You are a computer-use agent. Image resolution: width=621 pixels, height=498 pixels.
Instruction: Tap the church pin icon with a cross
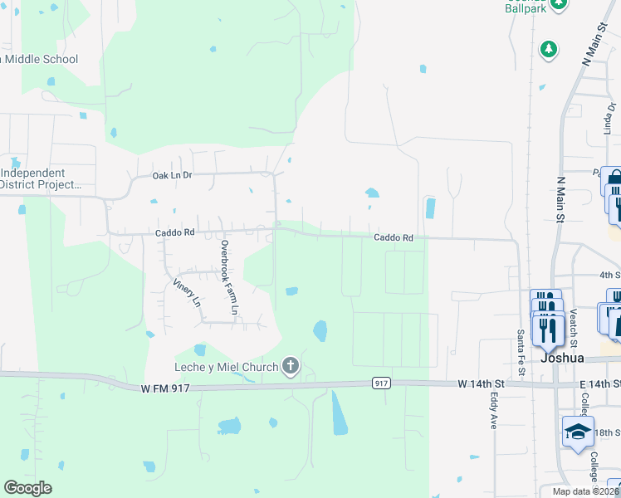(x=290, y=365)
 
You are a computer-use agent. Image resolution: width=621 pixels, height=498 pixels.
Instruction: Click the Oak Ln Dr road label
(x=172, y=176)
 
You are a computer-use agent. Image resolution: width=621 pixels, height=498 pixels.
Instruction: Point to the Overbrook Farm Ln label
(x=229, y=277)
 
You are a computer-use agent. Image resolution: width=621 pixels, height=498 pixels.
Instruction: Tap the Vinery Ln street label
(x=187, y=292)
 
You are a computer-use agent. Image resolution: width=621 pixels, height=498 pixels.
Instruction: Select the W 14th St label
(x=481, y=383)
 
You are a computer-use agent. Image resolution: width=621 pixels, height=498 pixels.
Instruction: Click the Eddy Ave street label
(x=492, y=410)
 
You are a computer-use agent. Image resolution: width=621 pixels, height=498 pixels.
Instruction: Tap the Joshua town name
(x=563, y=359)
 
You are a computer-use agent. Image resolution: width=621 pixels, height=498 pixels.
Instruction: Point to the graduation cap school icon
(x=578, y=432)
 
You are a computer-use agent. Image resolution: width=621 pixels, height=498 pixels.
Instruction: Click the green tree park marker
(x=548, y=49)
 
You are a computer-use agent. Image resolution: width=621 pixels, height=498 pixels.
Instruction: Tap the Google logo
(x=27, y=488)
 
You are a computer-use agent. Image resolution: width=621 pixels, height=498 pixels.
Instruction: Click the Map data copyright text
(x=585, y=491)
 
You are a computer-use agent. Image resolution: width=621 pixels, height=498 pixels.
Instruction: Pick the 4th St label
(x=609, y=274)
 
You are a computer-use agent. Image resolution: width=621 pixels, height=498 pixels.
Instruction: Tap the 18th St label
(x=609, y=433)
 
